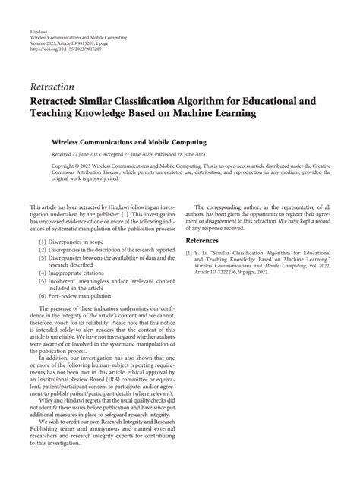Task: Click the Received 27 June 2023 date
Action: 82,153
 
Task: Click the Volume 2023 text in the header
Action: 43,43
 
